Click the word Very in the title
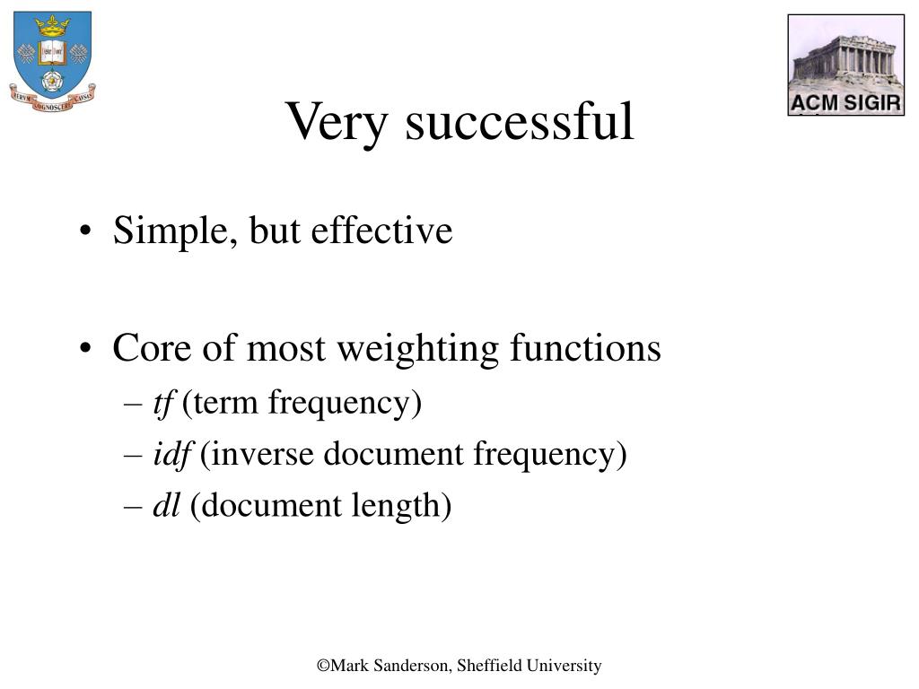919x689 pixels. click(337, 122)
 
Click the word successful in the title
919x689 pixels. click(520, 120)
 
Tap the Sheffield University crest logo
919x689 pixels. click(52, 62)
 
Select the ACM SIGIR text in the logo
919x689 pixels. click(845, 103)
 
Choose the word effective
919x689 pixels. click(381, 230)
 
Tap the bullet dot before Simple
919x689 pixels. click(85, 231)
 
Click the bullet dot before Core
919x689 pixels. click(85, 348)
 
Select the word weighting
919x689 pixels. click(418, 349)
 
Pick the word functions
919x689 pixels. click(585, 347)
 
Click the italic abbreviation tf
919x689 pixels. click(164, 404)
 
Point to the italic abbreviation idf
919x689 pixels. click(172, 455)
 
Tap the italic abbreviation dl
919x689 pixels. click(166, 504)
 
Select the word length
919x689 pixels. click(396, 506)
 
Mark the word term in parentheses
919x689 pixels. click(225, 404)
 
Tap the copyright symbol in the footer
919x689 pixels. click(323, 667)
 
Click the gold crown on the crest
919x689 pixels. click(52, 26)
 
